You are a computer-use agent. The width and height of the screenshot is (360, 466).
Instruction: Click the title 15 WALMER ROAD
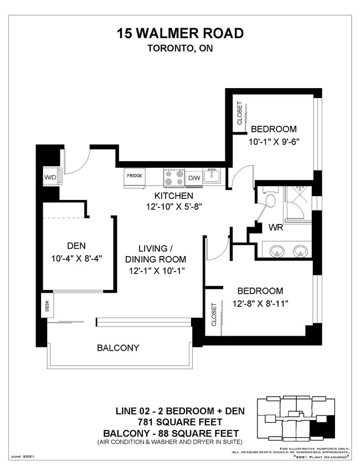(180, 33)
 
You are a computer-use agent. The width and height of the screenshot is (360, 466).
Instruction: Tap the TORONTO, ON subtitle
(180, 48)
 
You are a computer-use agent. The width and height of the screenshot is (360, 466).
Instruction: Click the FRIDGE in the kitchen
(135, 176)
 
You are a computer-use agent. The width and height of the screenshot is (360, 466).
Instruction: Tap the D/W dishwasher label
(194, 178)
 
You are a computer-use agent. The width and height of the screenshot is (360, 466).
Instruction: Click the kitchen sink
(212, 177)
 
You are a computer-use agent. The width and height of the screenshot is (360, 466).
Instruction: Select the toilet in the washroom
(271, 199)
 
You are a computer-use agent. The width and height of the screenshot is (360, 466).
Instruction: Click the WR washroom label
(277, 228)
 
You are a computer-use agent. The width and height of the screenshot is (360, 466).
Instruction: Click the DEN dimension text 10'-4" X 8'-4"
(76, 258)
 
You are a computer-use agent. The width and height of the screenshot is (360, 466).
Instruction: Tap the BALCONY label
(118, 348)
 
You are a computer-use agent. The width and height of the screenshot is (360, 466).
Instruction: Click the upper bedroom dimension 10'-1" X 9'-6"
(274, 141)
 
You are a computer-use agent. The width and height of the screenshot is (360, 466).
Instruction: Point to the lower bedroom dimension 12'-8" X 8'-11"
(260, 303)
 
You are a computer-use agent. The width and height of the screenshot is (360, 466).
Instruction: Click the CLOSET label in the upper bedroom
(239, 113)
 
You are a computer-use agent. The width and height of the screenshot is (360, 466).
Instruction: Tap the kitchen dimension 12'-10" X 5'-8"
(173, 207)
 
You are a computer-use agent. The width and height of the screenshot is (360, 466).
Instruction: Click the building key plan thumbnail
(296, 418)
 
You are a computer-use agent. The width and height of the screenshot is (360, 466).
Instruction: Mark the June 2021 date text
(23, 455)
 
